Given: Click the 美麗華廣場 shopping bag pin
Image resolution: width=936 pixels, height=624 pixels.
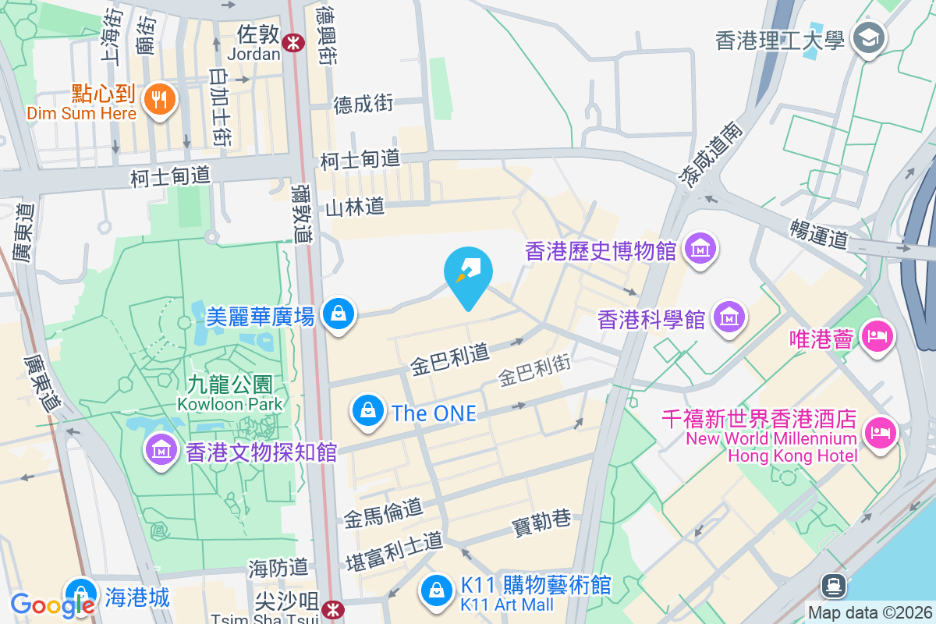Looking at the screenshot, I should [x=339, y=314].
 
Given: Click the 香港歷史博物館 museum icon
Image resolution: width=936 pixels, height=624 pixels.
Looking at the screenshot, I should [x=700, y=250].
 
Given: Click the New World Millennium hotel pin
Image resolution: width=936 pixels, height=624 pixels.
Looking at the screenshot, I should [x=881, y=431].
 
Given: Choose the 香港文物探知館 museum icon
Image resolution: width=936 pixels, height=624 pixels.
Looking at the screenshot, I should [x=161, y=450].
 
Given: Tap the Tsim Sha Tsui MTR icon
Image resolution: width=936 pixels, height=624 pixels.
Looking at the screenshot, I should [x=333, y=607].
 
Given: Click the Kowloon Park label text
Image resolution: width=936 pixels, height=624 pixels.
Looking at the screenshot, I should [x=229, y=404].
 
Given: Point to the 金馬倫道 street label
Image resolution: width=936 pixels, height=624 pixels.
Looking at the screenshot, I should [x=383, y=511].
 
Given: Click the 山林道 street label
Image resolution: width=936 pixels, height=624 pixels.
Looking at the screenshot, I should [x=355, y=207].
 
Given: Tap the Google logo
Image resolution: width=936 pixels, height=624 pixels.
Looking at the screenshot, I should [x=51, y=605].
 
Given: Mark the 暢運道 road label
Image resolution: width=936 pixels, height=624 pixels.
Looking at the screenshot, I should [x=818, y=233].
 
